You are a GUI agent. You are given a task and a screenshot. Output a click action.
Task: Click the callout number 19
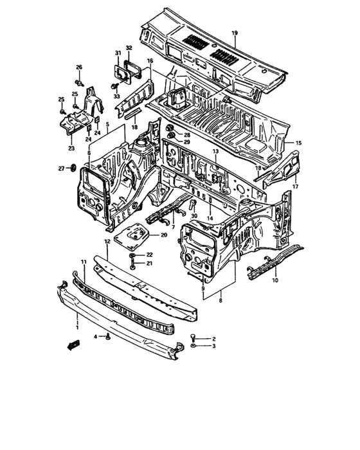[234, 33]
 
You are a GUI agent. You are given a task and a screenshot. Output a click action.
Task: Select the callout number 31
[118, 53]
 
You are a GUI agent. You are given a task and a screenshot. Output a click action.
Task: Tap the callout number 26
[79, 67]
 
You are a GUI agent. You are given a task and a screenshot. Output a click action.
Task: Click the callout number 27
[61, 168]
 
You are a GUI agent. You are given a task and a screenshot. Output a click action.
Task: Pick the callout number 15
[299, 143]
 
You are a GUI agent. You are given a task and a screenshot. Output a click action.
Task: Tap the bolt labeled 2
[195, 337]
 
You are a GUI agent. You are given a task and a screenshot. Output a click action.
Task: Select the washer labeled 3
[195, 346]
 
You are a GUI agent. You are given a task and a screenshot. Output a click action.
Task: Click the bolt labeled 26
[79, 82]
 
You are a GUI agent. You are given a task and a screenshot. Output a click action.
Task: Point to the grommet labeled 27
[74, 168]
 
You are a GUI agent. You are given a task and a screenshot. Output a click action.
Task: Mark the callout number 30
[194, 216]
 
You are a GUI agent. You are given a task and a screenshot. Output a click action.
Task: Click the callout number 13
[216, 151]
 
